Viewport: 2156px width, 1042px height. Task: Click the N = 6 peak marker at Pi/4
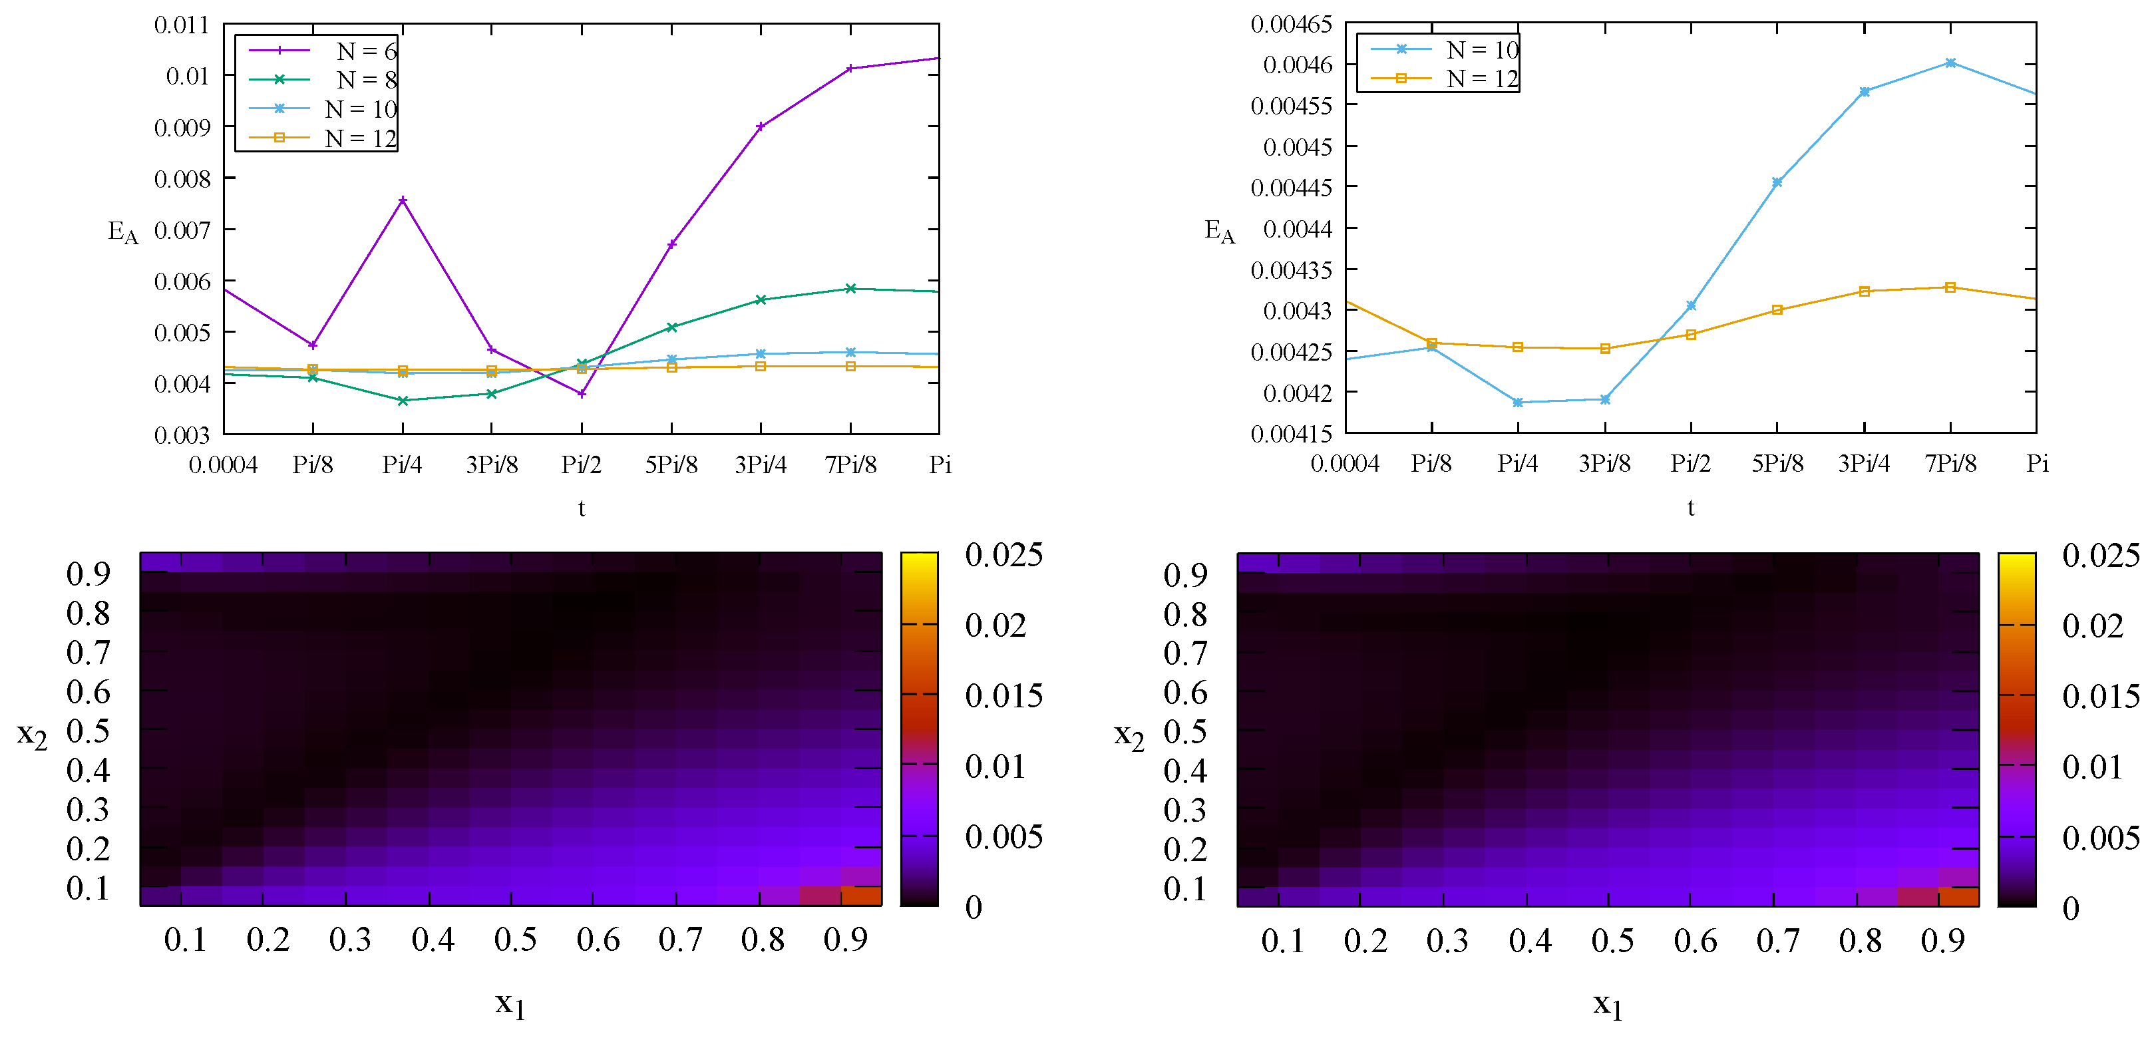coord(403,200)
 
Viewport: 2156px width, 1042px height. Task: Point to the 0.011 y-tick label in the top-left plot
coord(182,25)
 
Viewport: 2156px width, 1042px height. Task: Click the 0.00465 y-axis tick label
coord(1290,24)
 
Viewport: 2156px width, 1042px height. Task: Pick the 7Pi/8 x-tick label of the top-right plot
coord(1950,463)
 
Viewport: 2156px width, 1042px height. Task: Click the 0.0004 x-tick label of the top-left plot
coord(223,464)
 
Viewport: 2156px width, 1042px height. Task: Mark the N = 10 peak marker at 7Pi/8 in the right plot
coord(1950,63)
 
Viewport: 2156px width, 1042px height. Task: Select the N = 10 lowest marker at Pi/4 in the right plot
coord(1517,403)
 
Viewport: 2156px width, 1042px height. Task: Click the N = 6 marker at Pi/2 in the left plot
coord(582,393)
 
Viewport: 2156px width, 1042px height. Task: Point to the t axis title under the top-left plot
coord(582,508)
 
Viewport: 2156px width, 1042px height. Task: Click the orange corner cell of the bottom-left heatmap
coord(861,896)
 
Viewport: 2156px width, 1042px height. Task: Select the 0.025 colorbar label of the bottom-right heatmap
coord(2100,555)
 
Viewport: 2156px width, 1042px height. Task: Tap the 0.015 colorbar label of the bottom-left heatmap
coord(1003,695)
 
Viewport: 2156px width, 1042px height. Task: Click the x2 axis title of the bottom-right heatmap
coord(1128,736)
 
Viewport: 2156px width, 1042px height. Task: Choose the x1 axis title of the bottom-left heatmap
coord(510,1003)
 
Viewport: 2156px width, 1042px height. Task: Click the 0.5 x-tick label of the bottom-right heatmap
coord(1612,941)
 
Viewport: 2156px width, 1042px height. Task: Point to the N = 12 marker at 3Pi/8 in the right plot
coord(1605,348)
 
